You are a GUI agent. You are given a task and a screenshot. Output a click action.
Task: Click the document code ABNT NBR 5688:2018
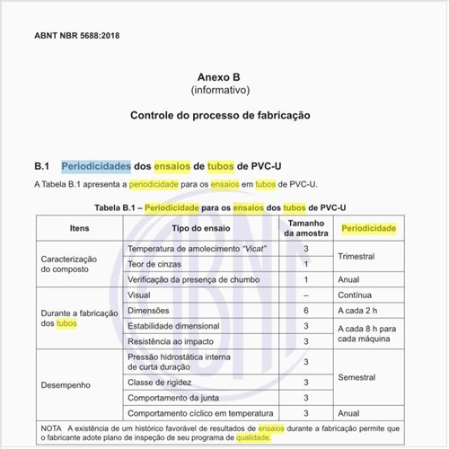(x=76, y=36)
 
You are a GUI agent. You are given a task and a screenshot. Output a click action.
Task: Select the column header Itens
(x=79, y=229)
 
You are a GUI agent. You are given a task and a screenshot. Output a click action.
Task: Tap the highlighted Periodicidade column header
(x=368, y=229)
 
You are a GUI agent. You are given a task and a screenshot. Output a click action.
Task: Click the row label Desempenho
(x=66, y=385)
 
